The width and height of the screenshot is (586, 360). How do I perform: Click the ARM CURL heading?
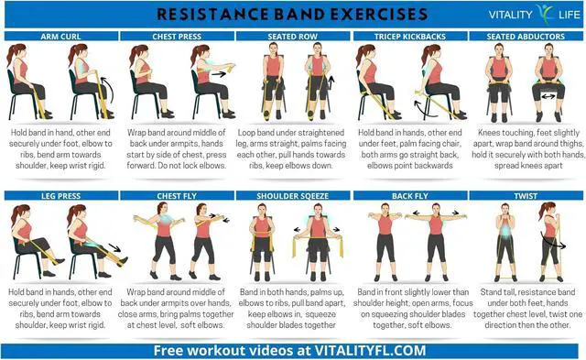60,37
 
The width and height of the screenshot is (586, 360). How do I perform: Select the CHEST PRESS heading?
177,37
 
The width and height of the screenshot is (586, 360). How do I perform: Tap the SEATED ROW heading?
293,37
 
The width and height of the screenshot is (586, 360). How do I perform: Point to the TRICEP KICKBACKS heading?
410,37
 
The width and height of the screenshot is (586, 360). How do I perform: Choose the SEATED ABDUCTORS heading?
526,37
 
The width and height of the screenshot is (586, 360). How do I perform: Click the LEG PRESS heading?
61,196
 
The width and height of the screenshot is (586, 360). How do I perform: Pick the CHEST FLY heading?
177,196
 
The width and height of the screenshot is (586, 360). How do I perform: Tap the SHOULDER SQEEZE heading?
293,196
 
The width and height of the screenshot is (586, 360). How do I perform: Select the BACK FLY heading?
410,196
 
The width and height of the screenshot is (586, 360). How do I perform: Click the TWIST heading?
526,196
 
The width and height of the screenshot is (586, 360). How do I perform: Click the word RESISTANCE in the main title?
212,15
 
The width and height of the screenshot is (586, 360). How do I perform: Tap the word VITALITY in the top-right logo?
511,15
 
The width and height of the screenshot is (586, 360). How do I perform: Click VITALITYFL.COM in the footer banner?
370,351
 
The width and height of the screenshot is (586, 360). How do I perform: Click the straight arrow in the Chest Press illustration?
219,74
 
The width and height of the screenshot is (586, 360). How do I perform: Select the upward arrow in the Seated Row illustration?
331,82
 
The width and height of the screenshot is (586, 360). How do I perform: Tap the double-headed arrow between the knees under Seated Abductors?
548,96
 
